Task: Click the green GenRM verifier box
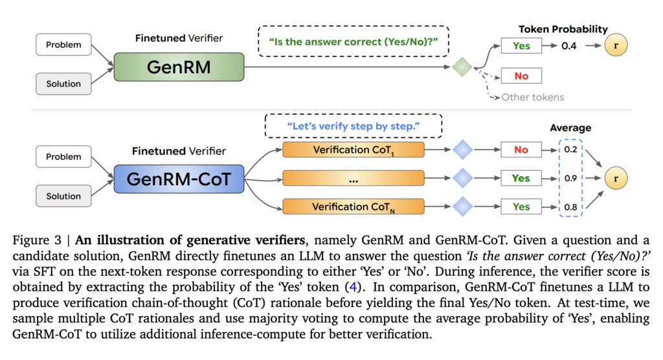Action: pos(179,67)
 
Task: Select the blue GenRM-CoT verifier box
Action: pos(179,179)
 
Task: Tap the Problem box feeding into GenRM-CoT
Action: pos(63,157)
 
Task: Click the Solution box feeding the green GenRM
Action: pos(63,84)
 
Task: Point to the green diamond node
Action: pos(461,67)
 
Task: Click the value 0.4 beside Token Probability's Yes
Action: pos(568,46)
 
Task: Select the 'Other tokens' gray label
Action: pos(532,97)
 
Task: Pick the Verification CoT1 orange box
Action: pos(353,150)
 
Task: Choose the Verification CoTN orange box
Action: pos(353,207)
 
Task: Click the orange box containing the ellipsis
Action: pos(353,179)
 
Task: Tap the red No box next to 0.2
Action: pos(521,150)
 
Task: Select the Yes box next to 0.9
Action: pos(521,178)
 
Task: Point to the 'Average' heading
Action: pos(570,128)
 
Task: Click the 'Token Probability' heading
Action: pos(563,29)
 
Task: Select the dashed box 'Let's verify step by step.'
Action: pos(353,126)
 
